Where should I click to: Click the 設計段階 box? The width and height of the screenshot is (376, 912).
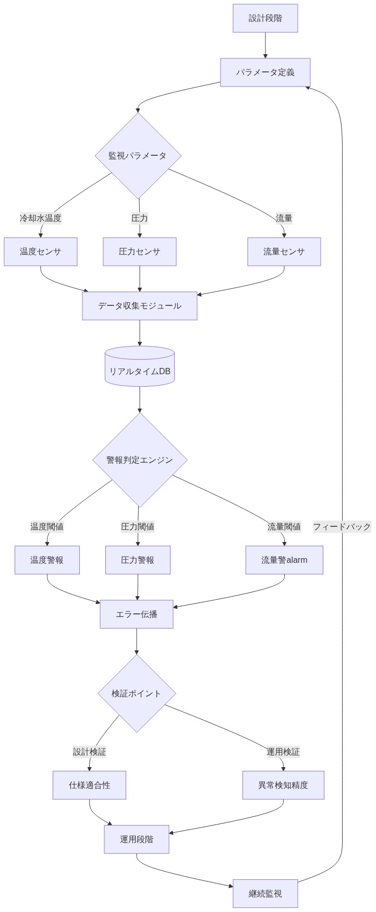(265, 18)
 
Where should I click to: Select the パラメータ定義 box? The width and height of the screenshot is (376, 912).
(265, 72)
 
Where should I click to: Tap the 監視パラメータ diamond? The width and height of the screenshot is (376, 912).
(138, 156)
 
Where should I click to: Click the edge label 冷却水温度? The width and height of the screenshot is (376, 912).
(41, 218)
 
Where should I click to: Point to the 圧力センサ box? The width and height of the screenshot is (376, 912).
(139, 252)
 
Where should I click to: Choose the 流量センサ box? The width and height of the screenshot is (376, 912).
(284, 252)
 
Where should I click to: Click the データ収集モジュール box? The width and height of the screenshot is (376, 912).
(139, 306)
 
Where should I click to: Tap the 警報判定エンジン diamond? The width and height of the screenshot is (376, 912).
(139, 460)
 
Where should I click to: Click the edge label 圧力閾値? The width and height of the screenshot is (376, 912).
(138, 527)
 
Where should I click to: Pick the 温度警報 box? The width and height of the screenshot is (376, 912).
(47, 560)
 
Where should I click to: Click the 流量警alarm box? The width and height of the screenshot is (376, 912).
(284, 560)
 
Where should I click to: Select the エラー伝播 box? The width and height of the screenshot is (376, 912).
(137, 614)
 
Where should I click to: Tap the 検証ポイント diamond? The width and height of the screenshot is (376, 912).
(137, 694)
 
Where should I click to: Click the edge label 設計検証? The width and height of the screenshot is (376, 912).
(89, 752)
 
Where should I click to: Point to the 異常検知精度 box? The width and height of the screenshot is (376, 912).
(283, 785)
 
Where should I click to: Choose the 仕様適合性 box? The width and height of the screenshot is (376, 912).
(89, 785)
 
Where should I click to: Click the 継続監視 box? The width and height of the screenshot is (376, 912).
(265, 894)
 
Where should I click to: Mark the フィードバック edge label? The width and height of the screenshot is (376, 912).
(342, 527)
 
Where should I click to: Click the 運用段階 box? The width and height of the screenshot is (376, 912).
(137, 840)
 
